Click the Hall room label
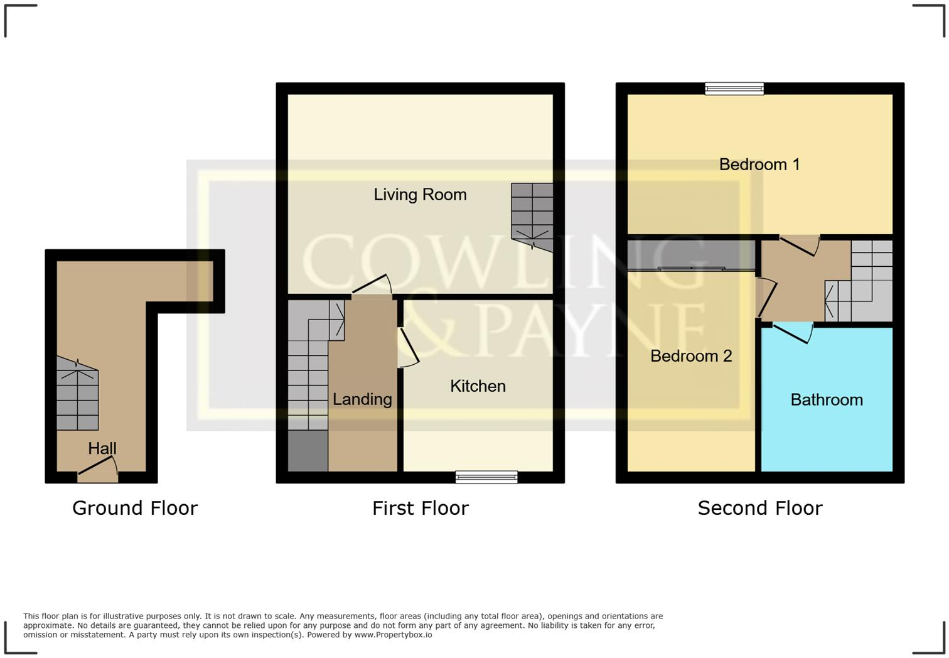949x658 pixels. (102, 448)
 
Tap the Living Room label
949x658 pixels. (420, 195)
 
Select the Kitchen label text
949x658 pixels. (478, 386)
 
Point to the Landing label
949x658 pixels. (362, 399)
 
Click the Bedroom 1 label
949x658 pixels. (759, 164)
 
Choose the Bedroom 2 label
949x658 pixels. (691, 356)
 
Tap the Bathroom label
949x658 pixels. (826, 400)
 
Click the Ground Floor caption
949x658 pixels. (135, 508)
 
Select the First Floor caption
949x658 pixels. (420, 508)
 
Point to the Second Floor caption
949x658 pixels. (759, 508)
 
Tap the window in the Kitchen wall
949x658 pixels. (486, 477)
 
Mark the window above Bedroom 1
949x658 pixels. (734, 89)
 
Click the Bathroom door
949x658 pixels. (792, 333)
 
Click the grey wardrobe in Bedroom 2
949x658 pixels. (690, 254)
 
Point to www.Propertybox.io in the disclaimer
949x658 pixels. (393, 635)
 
